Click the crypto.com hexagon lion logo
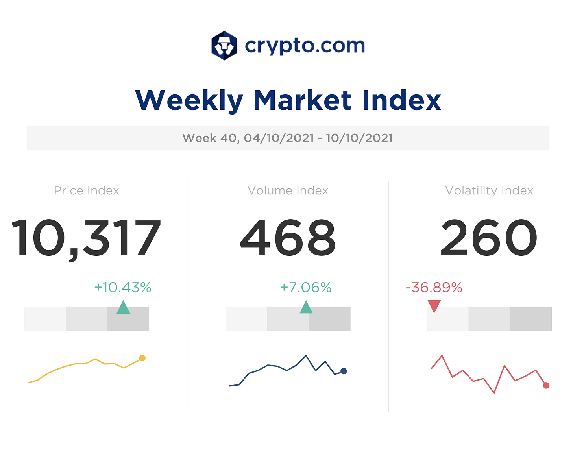click(x=224, y=46)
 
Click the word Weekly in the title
click(x=189, y=100)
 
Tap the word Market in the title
click(x=302, y=100)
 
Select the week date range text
click(x=288, y=138)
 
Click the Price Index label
click(x=87, y=191)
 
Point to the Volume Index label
click(x=288, y=191)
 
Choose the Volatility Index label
click(x=489, y=191)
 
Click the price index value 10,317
click(x=86, y=238)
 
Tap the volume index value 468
click(x=288, y=238)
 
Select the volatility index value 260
click(x=489, y=238)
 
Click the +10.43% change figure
click(x=123, y=288)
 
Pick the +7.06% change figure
click(x=306, y=288)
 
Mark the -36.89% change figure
click(x=434, y=288)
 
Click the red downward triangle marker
click(x=434, y=305)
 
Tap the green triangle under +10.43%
click(x=123, y=308)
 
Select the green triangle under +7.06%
click(x=306, y=308)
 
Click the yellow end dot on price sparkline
click(x=142, y=358)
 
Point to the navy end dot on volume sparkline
click(x=344, y=371)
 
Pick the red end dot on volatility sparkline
click(x=546, y=386)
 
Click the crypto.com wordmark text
click(x=305, y=46)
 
